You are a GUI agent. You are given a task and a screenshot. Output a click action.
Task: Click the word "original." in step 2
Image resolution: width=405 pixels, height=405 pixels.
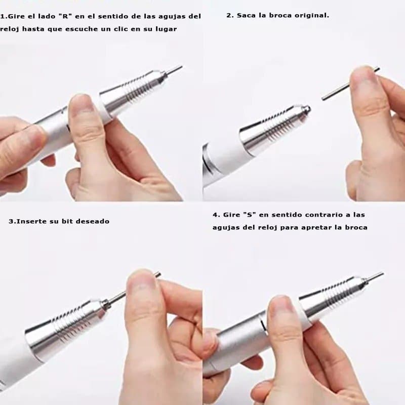click(x=312, y=15)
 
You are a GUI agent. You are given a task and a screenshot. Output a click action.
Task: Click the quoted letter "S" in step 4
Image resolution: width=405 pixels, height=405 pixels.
click(x=249, y=215)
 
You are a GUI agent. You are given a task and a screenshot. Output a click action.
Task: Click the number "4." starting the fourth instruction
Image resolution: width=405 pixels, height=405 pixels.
click(x=216, y=215)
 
